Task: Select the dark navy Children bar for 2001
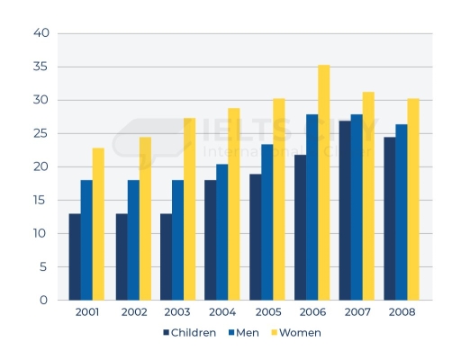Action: click(x=75, y=256)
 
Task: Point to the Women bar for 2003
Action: click(x=189, y=209)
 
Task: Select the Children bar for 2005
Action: click(x=255, y=237)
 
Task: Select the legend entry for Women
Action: click(x=294, y=332)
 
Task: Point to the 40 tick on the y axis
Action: click(x=41, y=34)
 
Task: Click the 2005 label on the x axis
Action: click(x=267, y=312)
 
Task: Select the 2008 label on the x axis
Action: click(x=401, y=312)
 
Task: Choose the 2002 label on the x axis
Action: click(x=132, y=312)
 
